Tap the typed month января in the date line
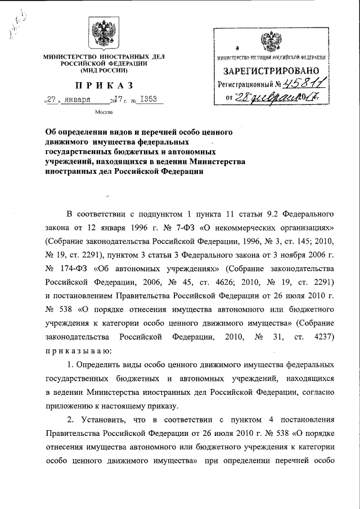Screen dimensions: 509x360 pyautogui.click(x=79, y=100)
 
